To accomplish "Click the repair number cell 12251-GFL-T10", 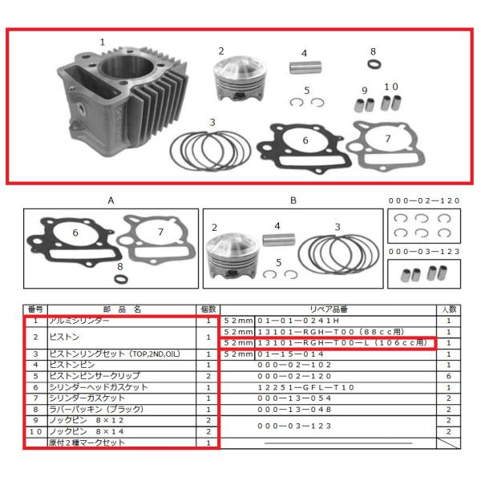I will (x=305, y=386).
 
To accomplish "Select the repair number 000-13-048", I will (x=305, y=409).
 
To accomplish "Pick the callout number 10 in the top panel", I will (x=391, y=87).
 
